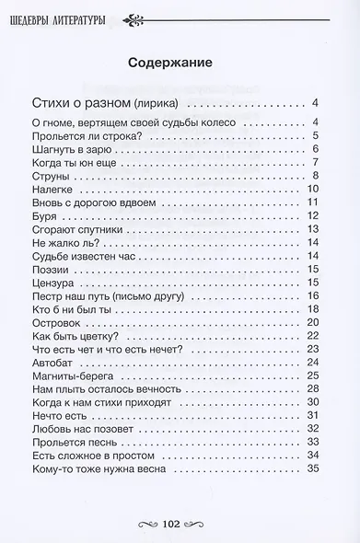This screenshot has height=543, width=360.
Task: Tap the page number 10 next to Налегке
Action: coord(311,189)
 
